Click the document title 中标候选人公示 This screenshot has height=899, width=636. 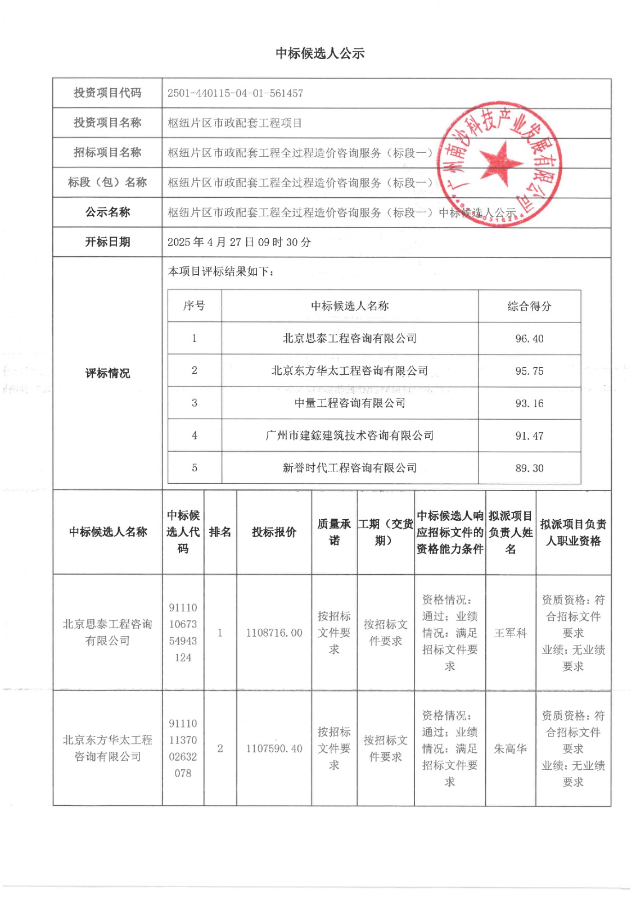click(320, 53)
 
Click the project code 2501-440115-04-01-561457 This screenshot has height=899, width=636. click(235, 93)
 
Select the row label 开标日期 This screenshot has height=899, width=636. click(107, 242)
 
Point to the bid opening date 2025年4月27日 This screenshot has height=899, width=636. click(239, 242)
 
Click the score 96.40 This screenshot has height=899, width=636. click(529, 339)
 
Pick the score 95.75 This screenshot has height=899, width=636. click(529, 371)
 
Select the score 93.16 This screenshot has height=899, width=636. click(529, 403)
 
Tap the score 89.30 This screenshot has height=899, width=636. click(529, 468)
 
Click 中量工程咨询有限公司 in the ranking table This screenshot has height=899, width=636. click(350, 403)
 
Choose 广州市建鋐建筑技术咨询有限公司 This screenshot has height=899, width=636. click(350, 435)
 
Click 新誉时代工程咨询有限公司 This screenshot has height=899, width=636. click(350, 467)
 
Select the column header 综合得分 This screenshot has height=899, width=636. click(529, 306)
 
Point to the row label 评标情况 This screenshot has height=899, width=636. click(107, 373)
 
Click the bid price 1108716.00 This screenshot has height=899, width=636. click(274, 633)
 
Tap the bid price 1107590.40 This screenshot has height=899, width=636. click(274, 748)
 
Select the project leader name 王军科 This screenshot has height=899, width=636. click(510, 633)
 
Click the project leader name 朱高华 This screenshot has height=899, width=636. click(510, 748)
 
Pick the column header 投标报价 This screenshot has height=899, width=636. click(274, 532)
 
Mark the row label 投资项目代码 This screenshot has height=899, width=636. click(107, 93)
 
